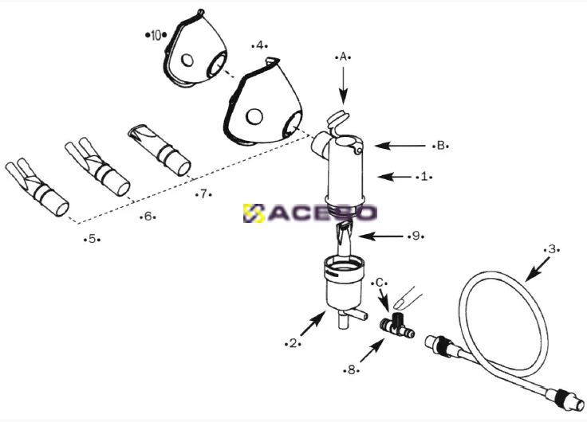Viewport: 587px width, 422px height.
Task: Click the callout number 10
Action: click(x=156, y=36)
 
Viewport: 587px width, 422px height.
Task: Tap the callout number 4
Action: click(x=260, y=45)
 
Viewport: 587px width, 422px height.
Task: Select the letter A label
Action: click(x=343, y=57)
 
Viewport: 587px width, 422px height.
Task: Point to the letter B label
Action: click(x=440, y=146)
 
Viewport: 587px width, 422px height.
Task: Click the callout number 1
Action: click(x=424, y=176)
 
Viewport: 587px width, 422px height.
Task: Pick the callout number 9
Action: click(x=416, y=236)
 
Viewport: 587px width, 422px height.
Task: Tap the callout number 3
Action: click(x=551, y=249)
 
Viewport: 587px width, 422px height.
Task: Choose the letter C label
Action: click(x=379, y=283)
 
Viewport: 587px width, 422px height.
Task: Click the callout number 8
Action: click(x=351, y=370)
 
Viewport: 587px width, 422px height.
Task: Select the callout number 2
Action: click(x=293, y=343)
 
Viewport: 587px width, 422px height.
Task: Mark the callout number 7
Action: click(x=203, y=194)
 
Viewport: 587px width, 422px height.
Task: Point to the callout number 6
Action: click(x=148, y=216)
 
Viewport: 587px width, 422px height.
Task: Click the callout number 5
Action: click(x=92, y=239)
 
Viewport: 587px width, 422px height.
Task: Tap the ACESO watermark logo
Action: click(x=310, y=213)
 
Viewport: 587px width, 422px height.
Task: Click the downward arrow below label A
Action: click(x=344, y=84)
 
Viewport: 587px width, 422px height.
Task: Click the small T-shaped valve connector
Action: click(x=397, y=326)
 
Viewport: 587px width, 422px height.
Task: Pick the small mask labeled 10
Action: click(x=195, y=50)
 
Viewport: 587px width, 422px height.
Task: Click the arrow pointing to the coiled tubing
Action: click(x=538, y=269)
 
